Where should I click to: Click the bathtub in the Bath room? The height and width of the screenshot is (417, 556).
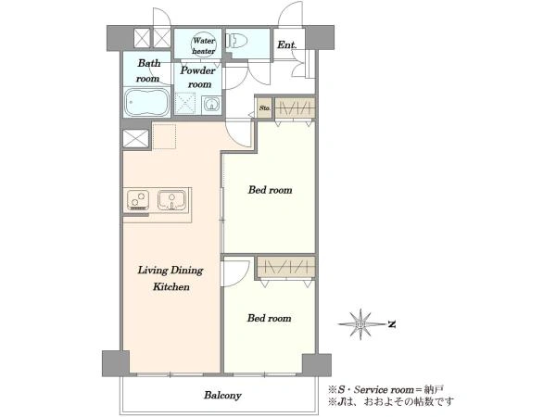147,102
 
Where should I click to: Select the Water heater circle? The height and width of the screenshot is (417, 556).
204,45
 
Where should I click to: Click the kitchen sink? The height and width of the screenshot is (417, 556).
171,200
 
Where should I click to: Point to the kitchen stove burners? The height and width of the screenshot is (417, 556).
138,199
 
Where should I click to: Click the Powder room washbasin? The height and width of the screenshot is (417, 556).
211,105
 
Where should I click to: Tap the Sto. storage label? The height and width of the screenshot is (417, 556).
264,107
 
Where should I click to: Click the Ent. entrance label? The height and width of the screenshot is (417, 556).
287,45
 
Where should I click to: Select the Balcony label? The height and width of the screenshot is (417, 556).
222,395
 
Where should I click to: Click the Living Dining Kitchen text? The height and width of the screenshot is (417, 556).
171,278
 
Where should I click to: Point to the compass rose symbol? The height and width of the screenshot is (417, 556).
361,324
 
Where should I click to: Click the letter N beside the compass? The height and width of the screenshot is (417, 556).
392,324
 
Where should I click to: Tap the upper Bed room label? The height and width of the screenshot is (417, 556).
271,190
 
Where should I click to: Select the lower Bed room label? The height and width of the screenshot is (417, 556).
269,318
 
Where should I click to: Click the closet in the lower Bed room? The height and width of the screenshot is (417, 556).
285,267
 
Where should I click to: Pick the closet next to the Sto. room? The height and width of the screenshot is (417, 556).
295,108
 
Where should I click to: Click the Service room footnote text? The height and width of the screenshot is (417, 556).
385,390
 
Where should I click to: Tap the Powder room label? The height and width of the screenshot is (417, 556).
198,77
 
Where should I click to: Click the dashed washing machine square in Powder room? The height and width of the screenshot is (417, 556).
185,103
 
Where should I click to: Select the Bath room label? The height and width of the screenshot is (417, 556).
148,70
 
